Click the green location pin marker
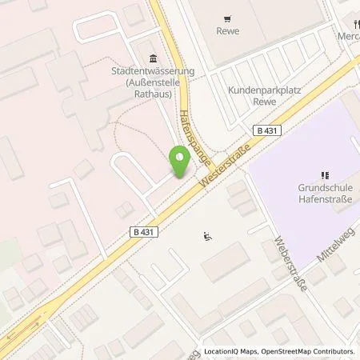click(181, 162)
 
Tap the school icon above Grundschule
click(324, 175)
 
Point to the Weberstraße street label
click(290, 263)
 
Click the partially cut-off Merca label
click(347, 35)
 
